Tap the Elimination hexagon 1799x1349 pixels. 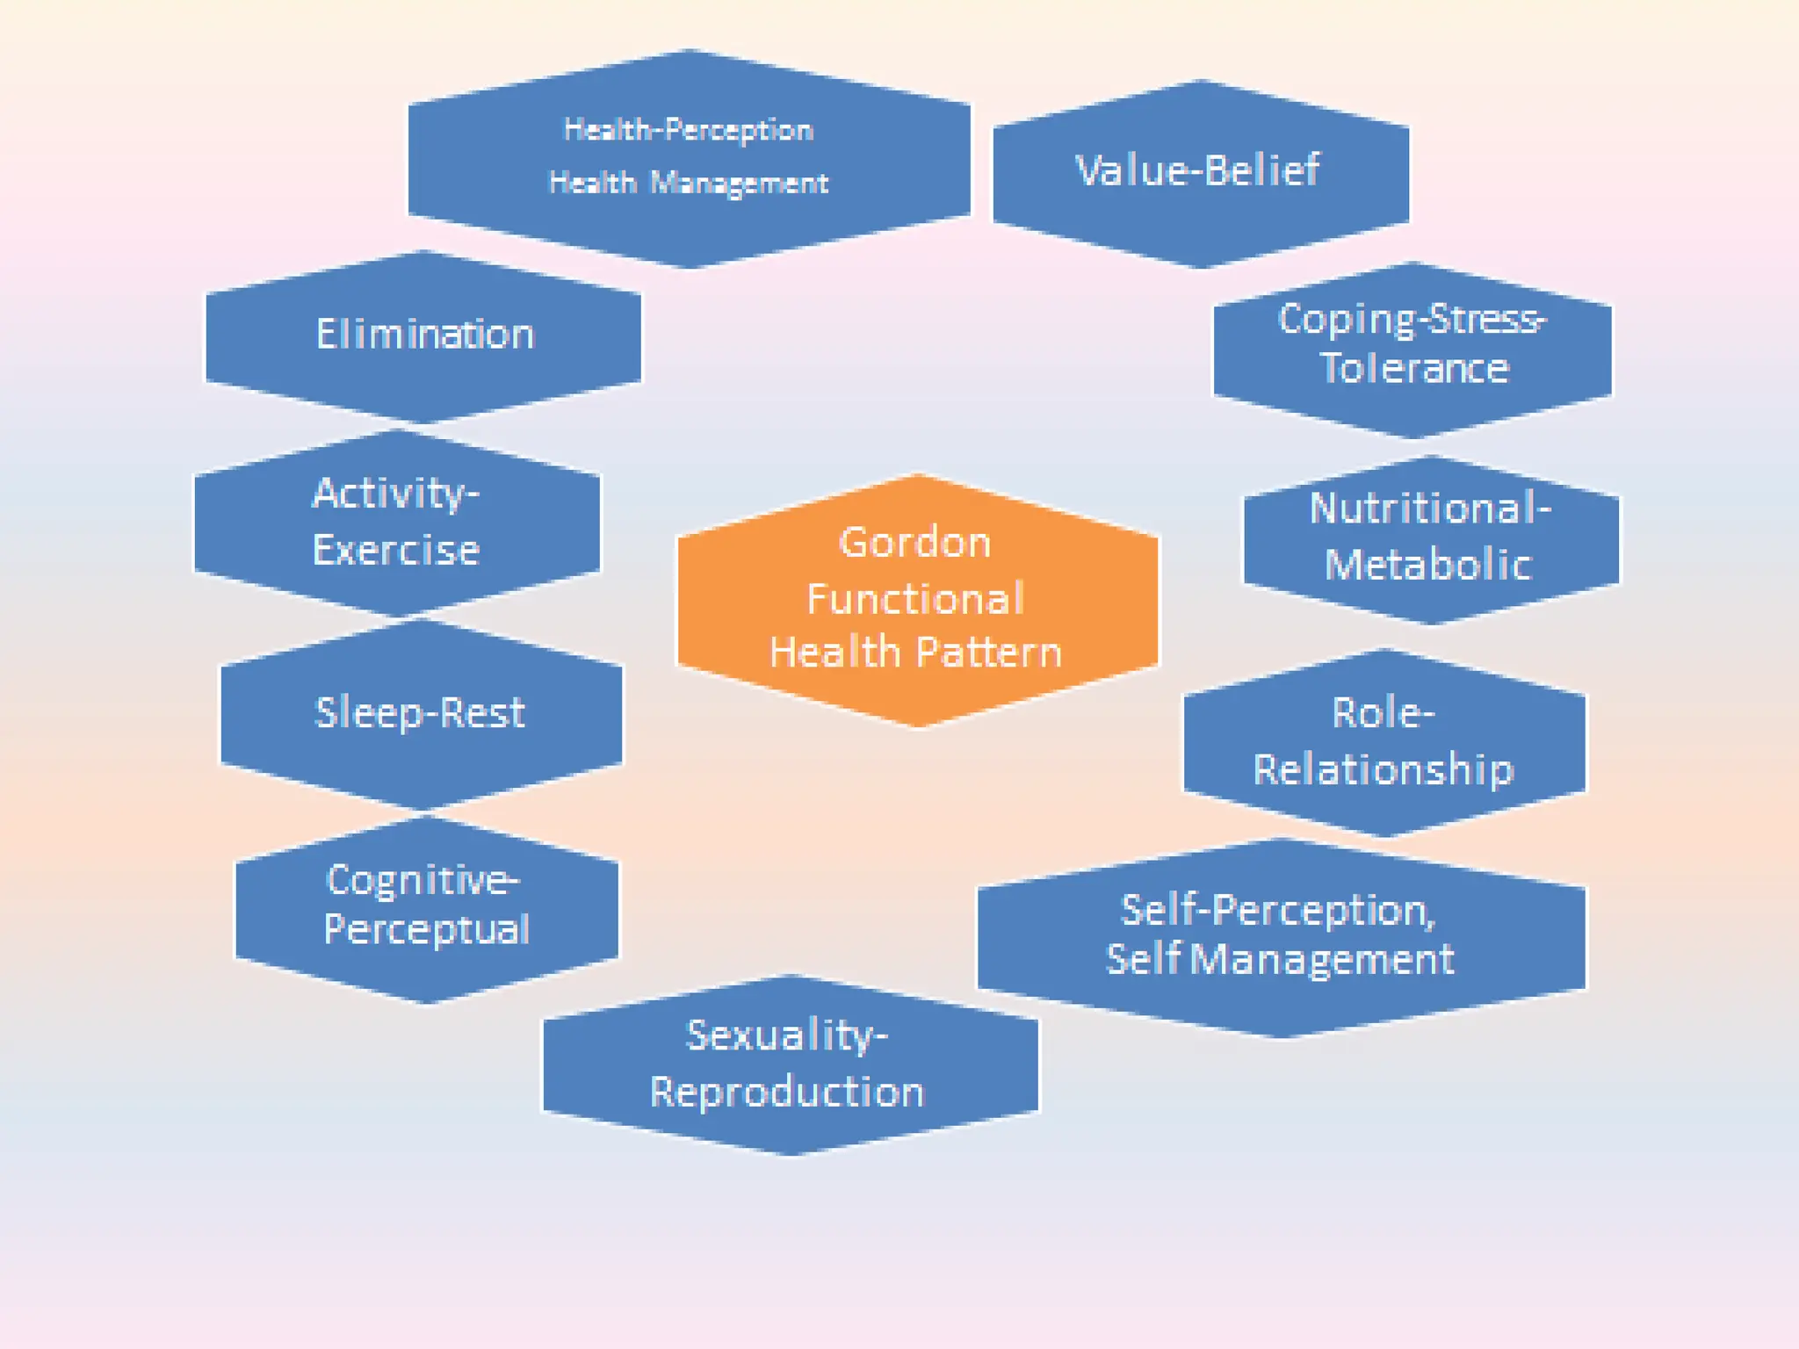(424, 335)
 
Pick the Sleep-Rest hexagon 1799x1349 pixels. (420, 712)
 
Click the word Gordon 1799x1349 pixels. (915, 543)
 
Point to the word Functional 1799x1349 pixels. (915, 600)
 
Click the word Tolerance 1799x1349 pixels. (1414, 369)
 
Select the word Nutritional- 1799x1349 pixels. (1430, 509)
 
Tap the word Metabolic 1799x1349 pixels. (1428, 565)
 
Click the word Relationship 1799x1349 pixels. (1384, 770)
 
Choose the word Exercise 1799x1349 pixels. (396, 551)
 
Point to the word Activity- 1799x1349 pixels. (396, 494)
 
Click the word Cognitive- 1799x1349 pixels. (423, 879)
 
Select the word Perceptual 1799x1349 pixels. (427, 930)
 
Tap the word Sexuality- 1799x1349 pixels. (787, 1036)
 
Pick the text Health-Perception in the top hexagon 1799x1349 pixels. (689, 130)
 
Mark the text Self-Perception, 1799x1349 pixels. (1278, 911)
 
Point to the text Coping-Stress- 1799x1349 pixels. (1412, 320)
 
